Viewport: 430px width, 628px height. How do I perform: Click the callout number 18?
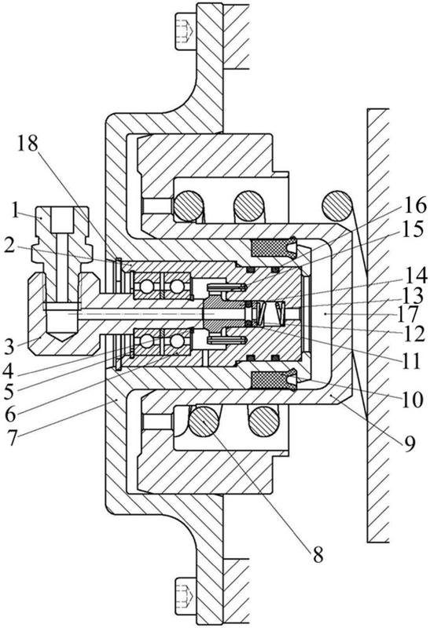coord(29,144)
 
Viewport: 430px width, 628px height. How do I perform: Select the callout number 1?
coord(15,211)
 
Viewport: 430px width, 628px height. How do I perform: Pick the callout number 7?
coord(12,437)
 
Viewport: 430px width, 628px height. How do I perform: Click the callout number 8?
coord(318,555)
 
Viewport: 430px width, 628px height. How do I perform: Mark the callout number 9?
coord(409,443)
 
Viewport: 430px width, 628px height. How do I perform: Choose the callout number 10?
coord(413,400)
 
